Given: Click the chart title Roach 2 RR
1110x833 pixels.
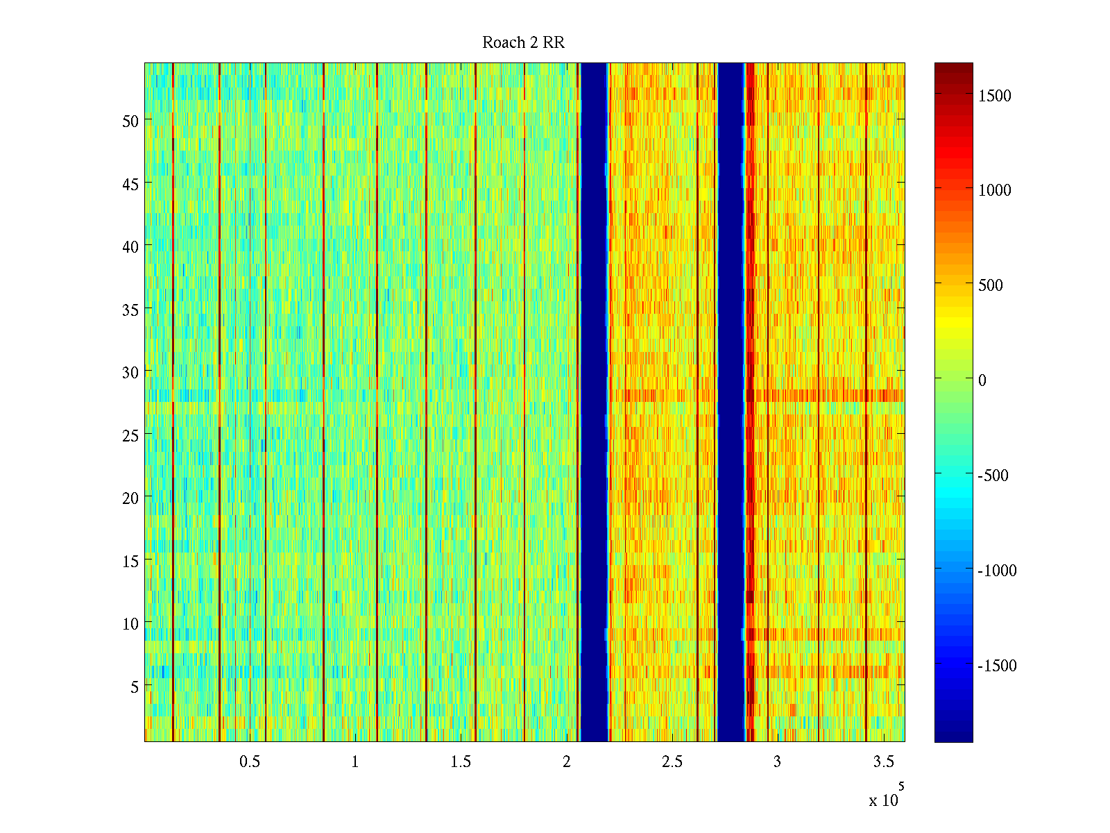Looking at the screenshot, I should [523, 43].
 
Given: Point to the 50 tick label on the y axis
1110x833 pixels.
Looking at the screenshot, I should [130, 121].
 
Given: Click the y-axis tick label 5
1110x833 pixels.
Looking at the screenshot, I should [135, 687].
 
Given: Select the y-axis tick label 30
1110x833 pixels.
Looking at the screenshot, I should [130, 373].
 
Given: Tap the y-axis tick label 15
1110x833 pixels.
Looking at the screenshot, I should [130, 562].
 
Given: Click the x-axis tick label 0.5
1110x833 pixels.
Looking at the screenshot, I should [250, 762].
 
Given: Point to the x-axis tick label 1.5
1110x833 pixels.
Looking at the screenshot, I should [461, 762].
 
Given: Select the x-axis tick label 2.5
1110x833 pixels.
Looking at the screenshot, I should [672, 762].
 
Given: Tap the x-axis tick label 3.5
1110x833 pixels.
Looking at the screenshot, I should [883, 762].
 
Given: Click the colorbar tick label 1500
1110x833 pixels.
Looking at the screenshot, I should [995, 96].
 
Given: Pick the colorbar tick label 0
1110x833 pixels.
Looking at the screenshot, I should [982, 381].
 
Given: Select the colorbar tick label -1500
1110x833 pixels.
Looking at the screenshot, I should [997, 666].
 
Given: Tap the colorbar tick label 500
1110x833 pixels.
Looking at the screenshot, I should [991, 286].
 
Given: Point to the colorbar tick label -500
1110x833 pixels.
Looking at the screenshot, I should [993, 476].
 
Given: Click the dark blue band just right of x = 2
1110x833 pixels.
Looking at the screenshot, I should [594, 403].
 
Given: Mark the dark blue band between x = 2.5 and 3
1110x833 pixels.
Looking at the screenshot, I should [731, 403].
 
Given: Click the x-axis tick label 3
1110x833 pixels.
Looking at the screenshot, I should [777, 762].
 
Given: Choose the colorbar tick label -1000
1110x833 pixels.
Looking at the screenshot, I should [997, 571].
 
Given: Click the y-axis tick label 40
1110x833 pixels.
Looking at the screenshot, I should [130, 247].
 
